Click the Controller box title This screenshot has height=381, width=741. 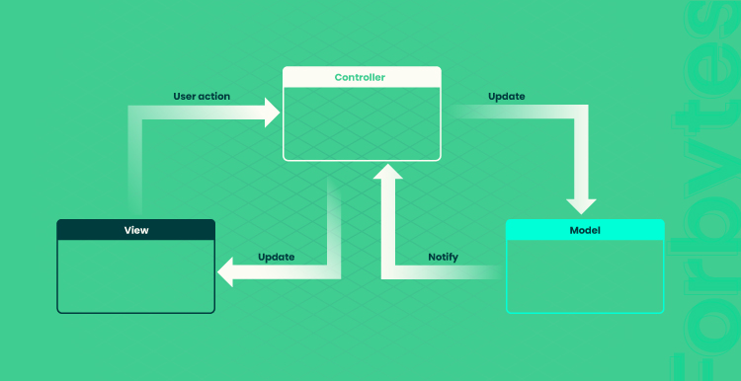360,77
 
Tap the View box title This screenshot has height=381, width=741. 136,230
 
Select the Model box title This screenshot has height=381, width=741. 585,230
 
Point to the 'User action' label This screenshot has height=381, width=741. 202,97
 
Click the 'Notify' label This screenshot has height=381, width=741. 443,258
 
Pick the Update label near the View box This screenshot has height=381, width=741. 276,258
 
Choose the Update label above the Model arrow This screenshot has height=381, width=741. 506,97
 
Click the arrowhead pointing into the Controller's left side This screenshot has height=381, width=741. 272,113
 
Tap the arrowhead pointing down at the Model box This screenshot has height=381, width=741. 581,207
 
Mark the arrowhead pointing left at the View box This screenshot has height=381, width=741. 225,272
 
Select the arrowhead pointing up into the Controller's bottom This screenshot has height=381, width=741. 388,172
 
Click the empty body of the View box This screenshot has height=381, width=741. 136,275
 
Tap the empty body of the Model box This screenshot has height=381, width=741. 585,275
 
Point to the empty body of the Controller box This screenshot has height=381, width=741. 362,123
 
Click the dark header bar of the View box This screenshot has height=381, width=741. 136,229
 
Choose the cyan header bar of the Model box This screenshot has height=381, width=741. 585,229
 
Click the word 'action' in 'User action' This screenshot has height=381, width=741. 214,97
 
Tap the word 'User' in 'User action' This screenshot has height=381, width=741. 184,97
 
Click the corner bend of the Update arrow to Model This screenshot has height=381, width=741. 581,112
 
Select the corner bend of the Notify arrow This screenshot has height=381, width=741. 388,272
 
